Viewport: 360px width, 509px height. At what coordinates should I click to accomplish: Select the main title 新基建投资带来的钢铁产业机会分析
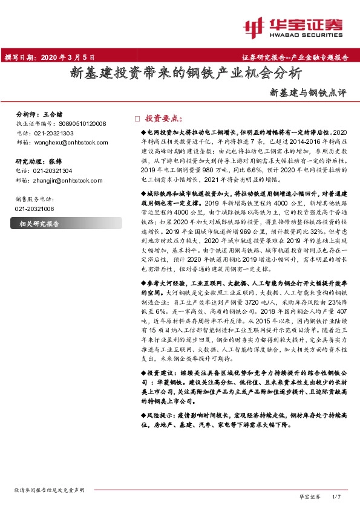point(185,74)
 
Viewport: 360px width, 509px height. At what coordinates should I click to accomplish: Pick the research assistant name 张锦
point(54,161)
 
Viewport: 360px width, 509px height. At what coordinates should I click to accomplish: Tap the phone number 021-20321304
point(52,171)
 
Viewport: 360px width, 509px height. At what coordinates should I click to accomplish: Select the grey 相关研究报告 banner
point(61,224)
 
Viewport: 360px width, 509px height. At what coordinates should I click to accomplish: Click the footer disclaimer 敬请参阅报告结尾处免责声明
point(49,490)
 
